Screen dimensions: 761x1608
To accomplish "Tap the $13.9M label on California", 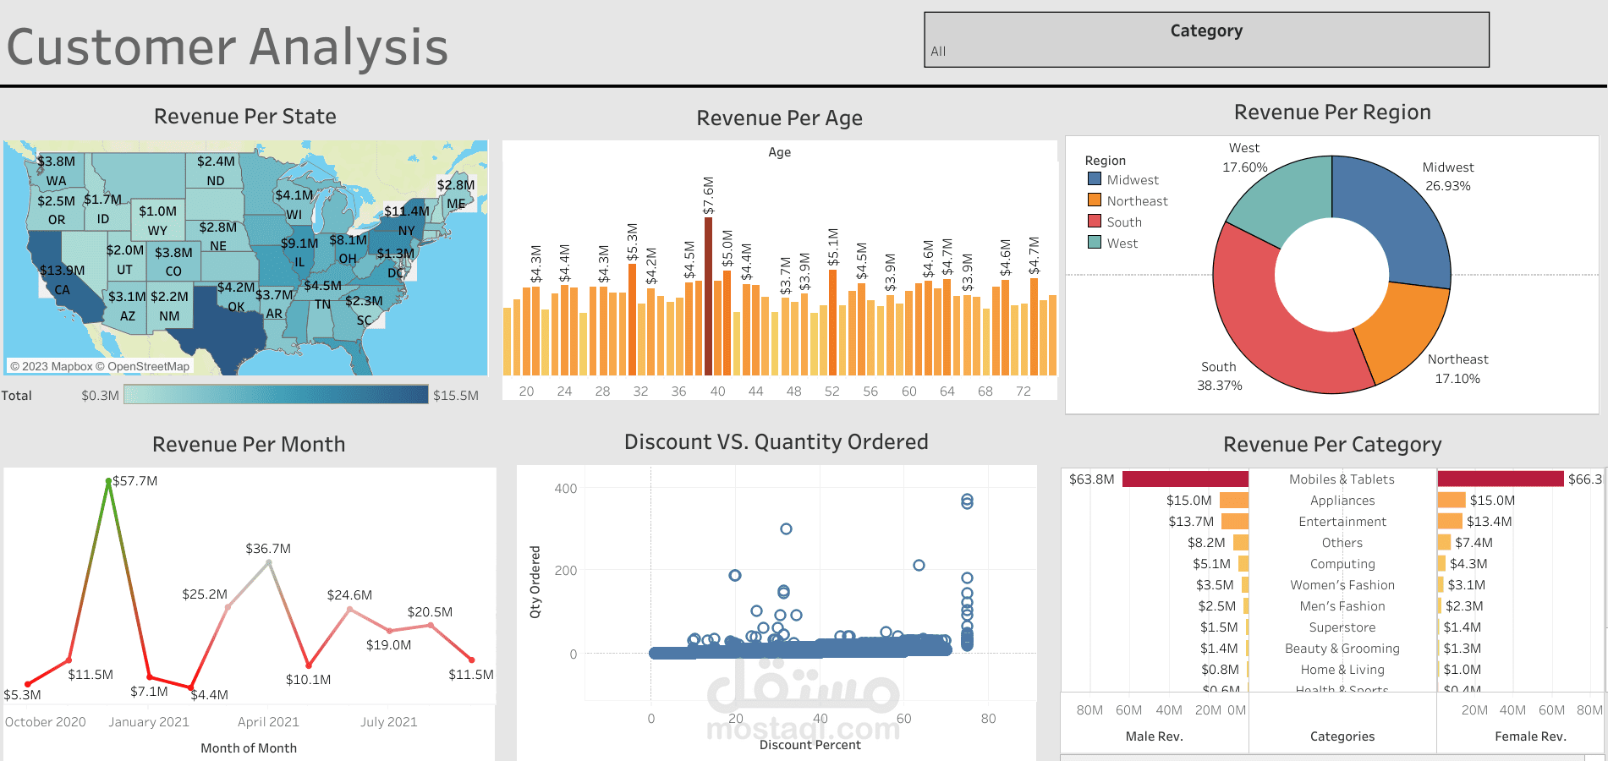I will [x=63, y=271].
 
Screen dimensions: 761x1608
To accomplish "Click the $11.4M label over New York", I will [x=407, y=211].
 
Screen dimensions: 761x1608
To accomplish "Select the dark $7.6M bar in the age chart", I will [x=708, y=296].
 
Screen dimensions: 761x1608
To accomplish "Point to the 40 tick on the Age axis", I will [x=717, y=391].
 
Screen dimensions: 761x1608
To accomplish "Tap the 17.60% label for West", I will [x=1244, y=167].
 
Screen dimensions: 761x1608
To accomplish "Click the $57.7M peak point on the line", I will [x=108, y=481].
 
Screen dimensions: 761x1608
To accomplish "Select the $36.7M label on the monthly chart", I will [x=268, y=549].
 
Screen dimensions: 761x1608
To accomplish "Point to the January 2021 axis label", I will [x=149, y=722].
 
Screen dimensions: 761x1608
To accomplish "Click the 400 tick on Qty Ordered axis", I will [x=566, y=489].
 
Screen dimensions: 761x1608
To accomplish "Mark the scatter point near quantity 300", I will [x=786, y=528].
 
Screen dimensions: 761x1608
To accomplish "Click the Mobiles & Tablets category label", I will [x=1342, y=479].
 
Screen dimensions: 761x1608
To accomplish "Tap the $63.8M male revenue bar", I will [x=1185, y=479].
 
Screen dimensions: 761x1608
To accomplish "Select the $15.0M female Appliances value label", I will [x=1492, y=501].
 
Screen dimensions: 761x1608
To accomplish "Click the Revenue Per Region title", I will [x=1332, y=112].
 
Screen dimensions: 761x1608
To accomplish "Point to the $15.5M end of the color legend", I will [x=455, y=395].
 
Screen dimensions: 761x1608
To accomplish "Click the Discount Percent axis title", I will [x=809, y=745].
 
